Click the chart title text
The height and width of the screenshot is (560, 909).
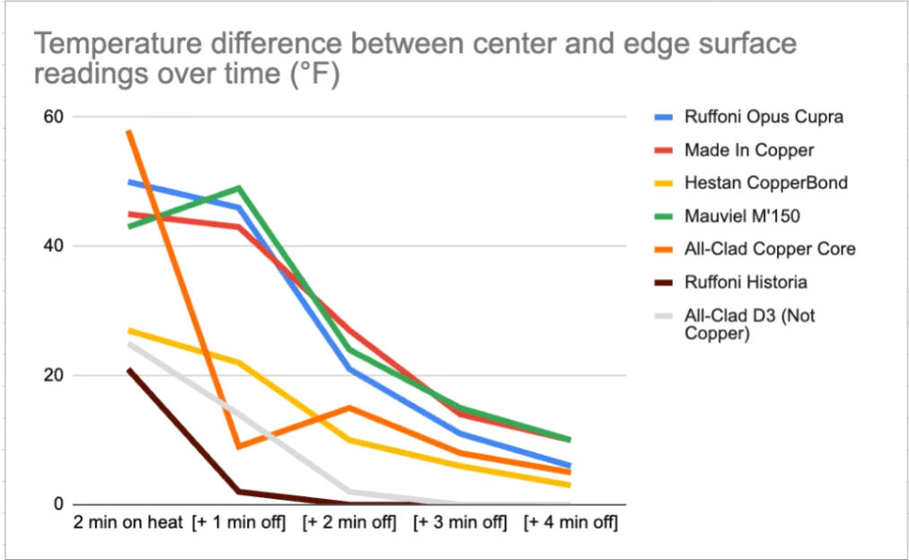[x=415, y=59]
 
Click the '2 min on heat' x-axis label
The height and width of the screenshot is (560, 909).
[x=129, y=523]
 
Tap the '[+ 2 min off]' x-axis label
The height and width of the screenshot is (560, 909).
[x=350, y=523]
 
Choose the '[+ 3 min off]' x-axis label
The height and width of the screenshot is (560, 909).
[x=461, y=523]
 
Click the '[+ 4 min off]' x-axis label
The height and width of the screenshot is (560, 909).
[x=571, y=523]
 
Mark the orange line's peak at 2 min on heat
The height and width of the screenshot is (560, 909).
[x=129, y=131]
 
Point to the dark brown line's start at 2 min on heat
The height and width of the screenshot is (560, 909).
[x=129, y=369]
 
